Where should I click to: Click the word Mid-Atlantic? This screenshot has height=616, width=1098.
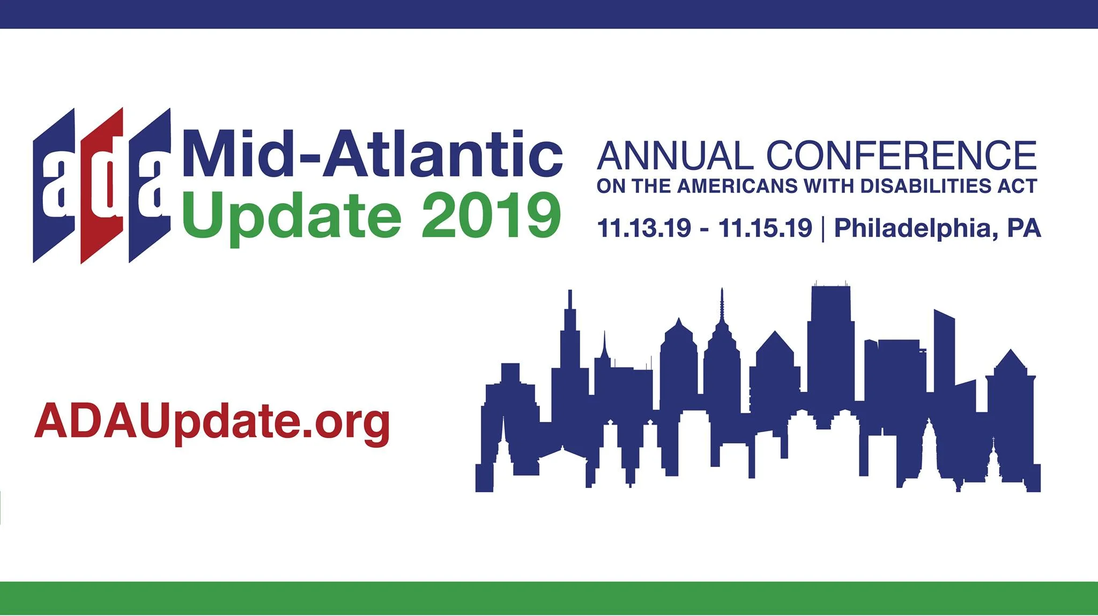pos(373,155)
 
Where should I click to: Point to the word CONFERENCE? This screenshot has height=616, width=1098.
pos(901,156)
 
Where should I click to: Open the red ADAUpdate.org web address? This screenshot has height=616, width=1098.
pos(212,422)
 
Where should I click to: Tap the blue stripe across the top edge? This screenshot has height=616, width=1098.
pos(549,14)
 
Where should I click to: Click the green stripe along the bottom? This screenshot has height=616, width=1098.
pos(549,598)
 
